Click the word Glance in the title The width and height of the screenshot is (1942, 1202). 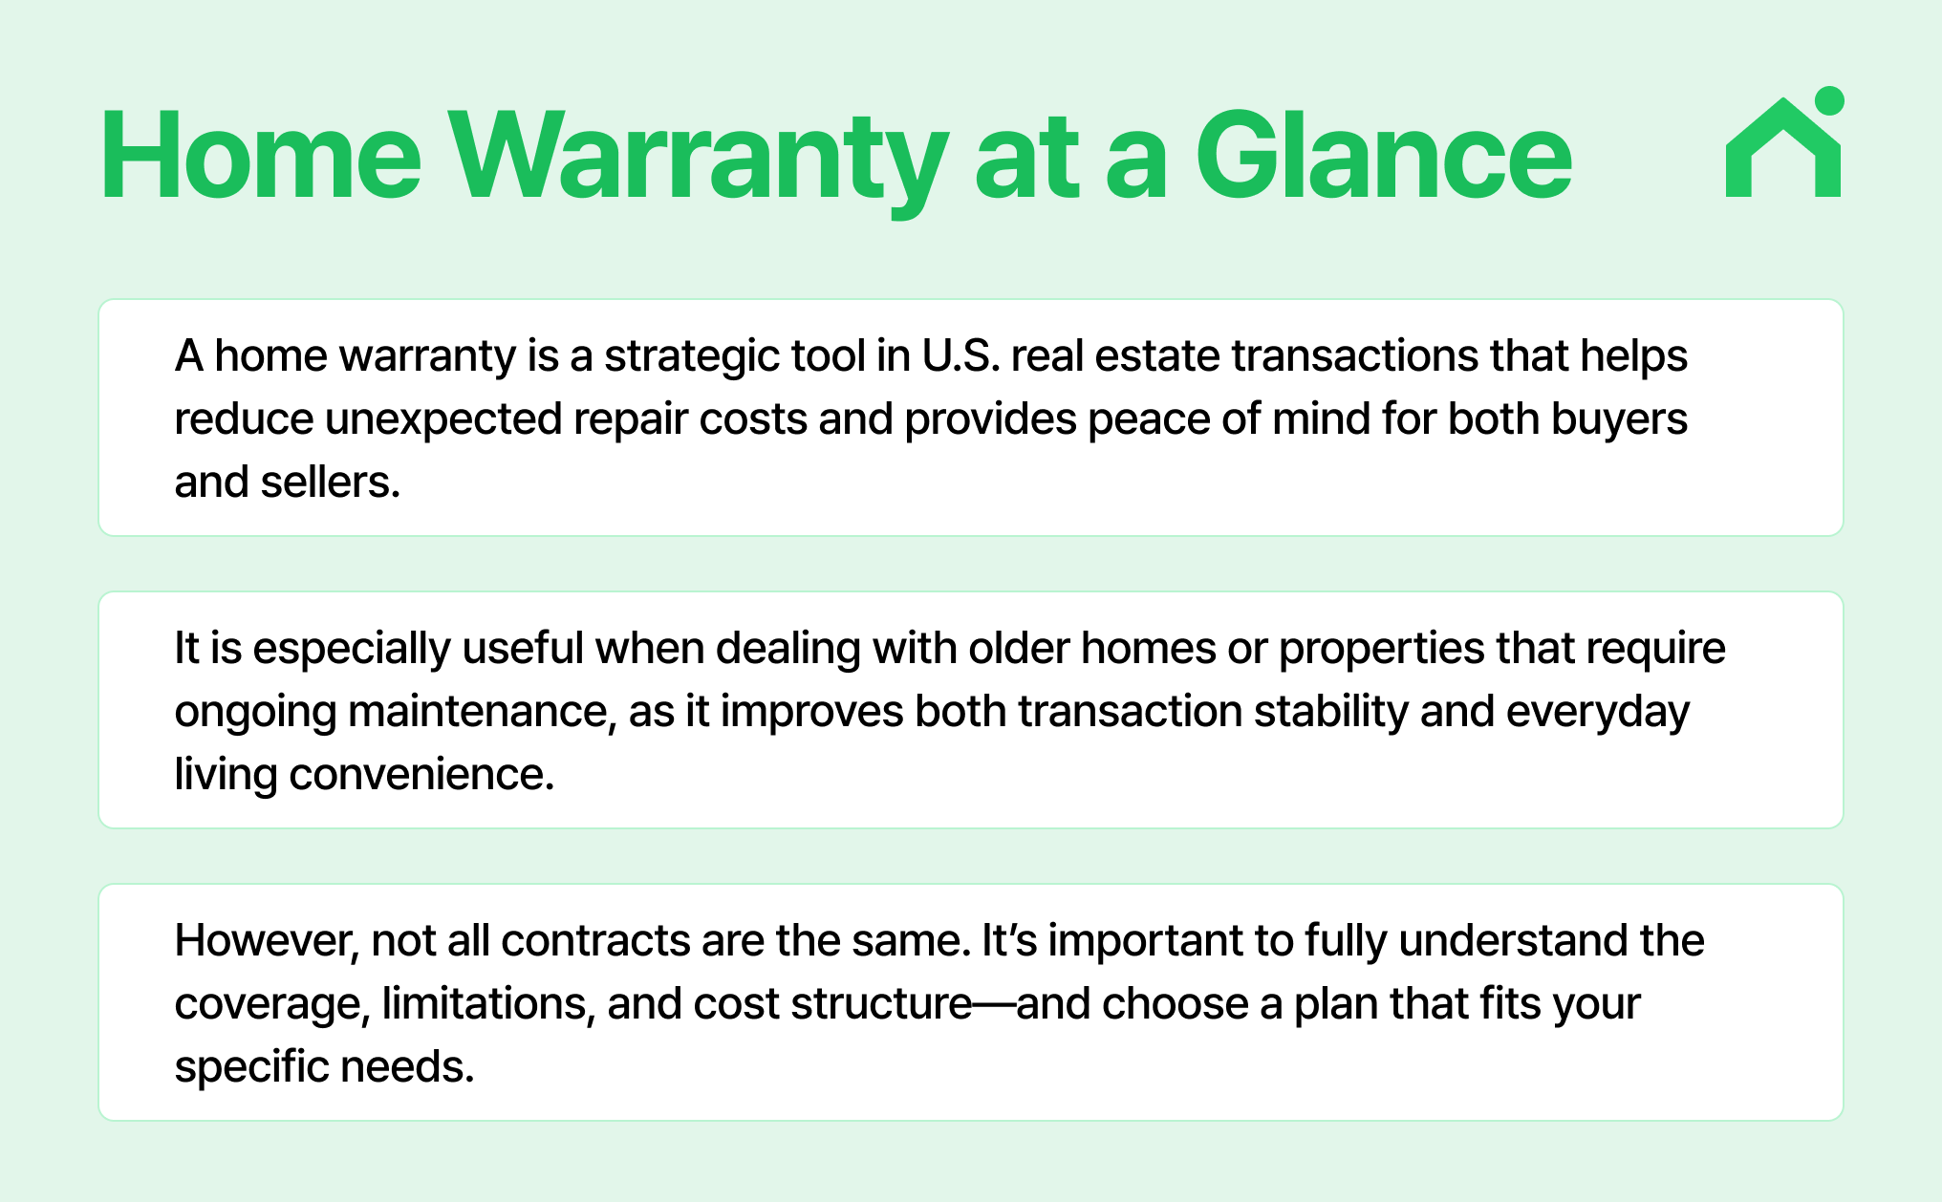coord(1384,155)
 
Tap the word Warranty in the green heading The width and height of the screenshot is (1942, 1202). coord(699,162)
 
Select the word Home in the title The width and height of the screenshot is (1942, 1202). coord(261,155)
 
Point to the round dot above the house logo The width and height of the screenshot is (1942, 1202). coord(1828,100)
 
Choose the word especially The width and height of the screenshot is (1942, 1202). coord(352,650)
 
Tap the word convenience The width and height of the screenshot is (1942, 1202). coord(421,774)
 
